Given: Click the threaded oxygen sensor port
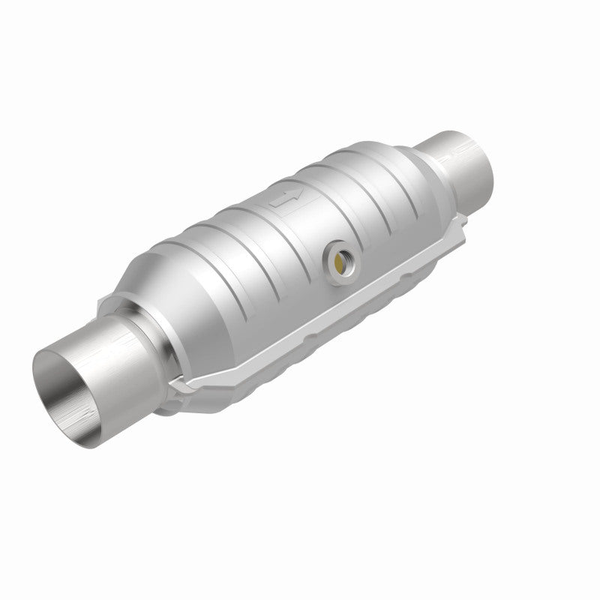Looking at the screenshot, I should (340, 262).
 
